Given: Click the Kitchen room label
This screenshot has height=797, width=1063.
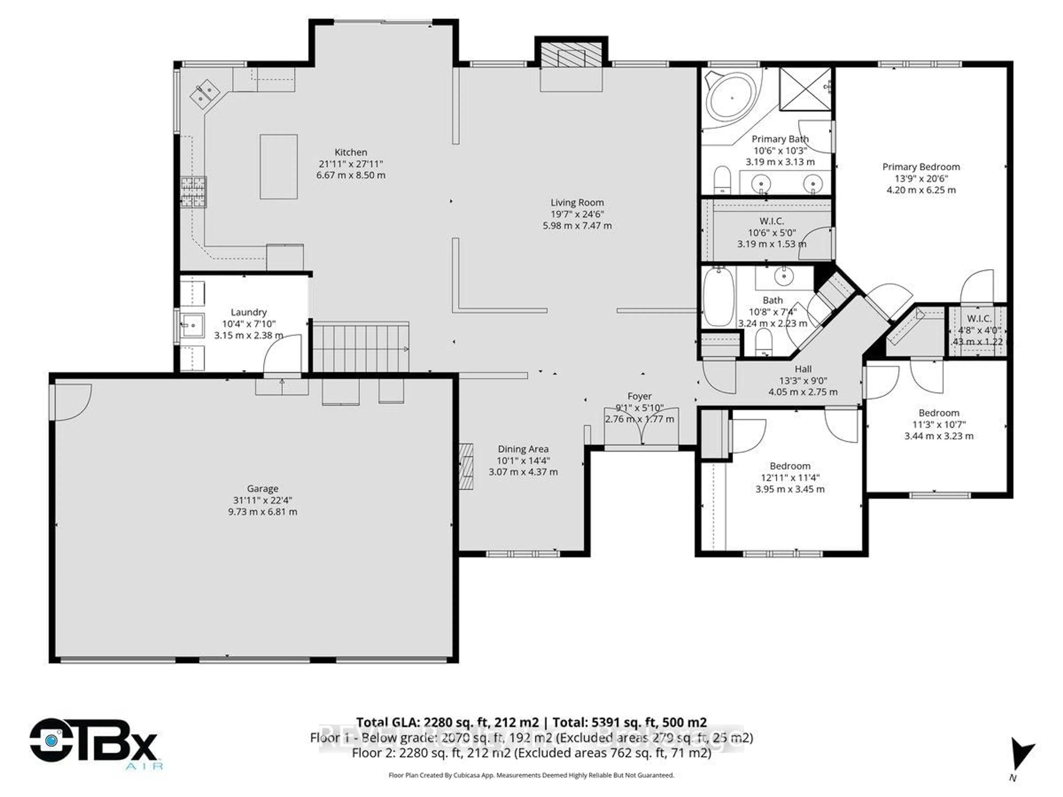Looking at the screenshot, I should (x=351, y=152).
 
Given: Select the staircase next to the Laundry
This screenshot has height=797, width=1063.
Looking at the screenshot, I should (x=360, y=347).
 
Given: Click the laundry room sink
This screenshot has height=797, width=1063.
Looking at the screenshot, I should (x=192, y=325).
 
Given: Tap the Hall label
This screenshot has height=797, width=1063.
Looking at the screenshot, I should (x=803, y=369).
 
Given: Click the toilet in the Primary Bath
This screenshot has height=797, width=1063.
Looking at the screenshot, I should (x=722, y=180).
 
